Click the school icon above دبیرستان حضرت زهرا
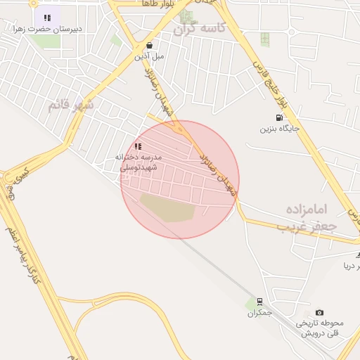pos(47,18)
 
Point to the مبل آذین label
pos(149,55)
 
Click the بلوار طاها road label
pos(157,4)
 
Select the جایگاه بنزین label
pos(281,129)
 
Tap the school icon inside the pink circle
pos(138,146)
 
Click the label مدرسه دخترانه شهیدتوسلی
pos(139,162)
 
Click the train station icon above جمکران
pos(259,302)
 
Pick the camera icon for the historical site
pos(320,312)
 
